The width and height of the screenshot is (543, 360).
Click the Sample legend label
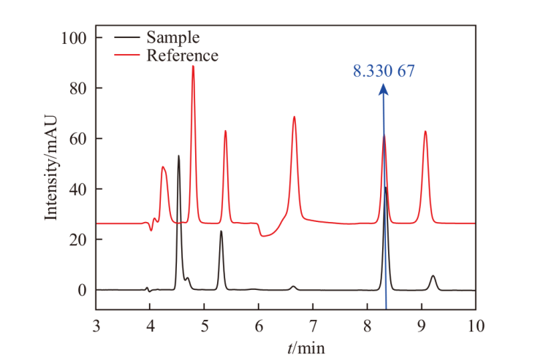[x=172, y=37]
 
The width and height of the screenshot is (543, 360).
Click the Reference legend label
[x=182, y=55]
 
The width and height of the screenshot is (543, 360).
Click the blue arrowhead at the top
[x=383, y=89]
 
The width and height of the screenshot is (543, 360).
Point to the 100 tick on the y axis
[x=75, y=38]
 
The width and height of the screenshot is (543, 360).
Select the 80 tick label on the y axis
[x=79, y=88]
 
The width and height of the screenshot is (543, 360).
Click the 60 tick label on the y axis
[x=79, y=139]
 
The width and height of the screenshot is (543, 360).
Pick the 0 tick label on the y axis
[x=83, y=291]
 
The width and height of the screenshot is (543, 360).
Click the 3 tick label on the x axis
[x=96, y=324]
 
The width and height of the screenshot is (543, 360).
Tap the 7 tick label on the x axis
[x=313, y=324]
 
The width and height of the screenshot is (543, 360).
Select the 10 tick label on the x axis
[x=475, y=324]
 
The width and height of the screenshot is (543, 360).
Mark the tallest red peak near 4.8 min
[x=193, y=66]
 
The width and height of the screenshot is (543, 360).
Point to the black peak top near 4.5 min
[x=178, y=156]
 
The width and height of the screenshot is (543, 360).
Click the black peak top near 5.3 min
[x=221, y=231]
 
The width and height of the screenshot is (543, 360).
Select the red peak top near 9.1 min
[x=425, y=132]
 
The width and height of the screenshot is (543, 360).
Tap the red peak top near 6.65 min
[x=294, y=117]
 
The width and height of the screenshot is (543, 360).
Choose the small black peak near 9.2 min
[x=433, y=276]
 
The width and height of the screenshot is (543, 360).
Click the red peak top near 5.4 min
[x=225, y=131]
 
